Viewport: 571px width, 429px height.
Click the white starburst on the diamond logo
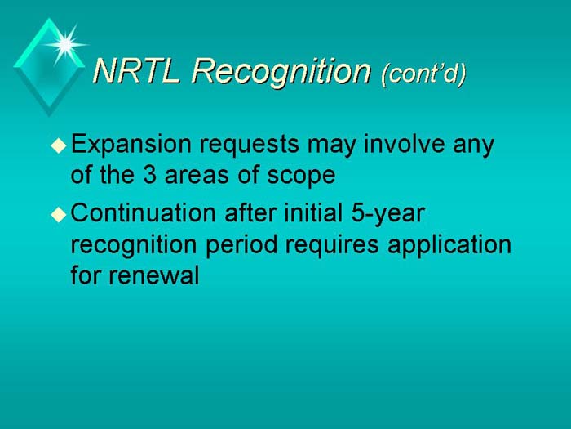tap(66, 41)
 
